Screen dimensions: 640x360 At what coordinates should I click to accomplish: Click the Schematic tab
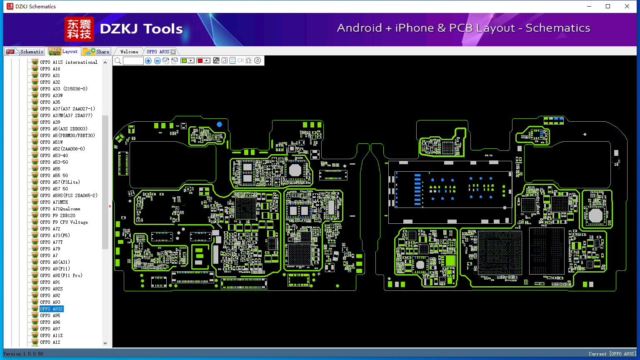(x=25, y=52)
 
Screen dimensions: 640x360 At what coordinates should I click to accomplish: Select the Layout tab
(x=63, y=51)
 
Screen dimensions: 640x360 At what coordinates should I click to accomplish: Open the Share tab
(x=96, y=52)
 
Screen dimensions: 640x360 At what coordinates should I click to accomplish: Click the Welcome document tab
(x=129, y=52)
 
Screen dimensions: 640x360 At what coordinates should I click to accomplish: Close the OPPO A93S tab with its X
(x=173, y=52)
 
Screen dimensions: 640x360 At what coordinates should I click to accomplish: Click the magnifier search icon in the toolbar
(x=118, y=60)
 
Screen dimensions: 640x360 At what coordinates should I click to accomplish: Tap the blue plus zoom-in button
(x=148, y=60)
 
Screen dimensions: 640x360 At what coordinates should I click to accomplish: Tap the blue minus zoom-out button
(x=157, y=60)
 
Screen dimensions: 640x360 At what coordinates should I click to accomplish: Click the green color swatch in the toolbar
(x=184, y=60)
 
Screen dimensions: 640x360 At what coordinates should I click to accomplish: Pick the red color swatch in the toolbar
(x=200, y=60)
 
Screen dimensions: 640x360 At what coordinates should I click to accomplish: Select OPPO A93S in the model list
(x=51, y=309)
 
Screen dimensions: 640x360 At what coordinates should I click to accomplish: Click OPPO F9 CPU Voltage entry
(x=64, y=222)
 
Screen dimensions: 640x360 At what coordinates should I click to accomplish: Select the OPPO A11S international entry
(x=69, y=62)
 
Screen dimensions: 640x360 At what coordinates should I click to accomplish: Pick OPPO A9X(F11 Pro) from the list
(x=61, y=275)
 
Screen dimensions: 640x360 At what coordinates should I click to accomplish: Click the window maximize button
(x=608, y=6)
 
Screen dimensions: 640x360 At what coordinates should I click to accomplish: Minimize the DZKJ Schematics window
(x=589, y=6)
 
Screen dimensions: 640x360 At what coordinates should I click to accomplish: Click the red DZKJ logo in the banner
(x=79, y=29)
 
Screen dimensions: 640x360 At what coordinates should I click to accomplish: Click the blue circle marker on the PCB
(x=220, y=124)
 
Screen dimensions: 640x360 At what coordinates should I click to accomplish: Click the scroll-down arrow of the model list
(x=105, y=343)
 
